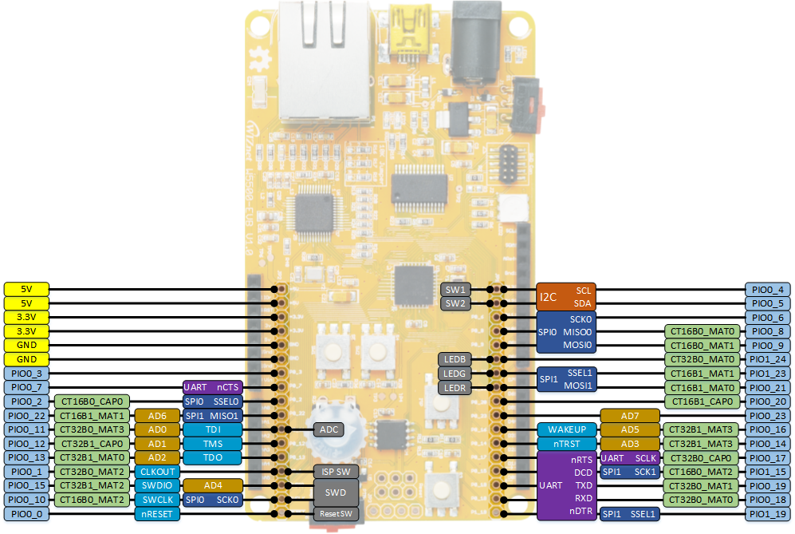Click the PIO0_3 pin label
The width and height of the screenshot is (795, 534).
tap(27, 373)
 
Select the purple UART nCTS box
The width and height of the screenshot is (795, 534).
tap(211, 387)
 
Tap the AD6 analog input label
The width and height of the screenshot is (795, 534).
tap(156, 416)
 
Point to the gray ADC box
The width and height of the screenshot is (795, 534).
tap(329, 429)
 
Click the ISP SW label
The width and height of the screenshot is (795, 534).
tap(335, 471)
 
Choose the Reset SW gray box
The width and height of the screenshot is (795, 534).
tap(335, 513)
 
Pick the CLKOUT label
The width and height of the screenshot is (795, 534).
tap(156, 472)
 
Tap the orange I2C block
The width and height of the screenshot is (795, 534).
tap(565, 296)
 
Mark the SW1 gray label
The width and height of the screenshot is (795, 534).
tap(455, 289)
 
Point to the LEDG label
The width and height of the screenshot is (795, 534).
tap(455, 374)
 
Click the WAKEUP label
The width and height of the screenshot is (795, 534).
tap(566, 429)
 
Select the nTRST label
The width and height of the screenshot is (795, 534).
tap(566, 444)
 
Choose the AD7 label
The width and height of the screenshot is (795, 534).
tap(629, 416)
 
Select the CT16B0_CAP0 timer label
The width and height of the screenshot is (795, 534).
tap(90, 401)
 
